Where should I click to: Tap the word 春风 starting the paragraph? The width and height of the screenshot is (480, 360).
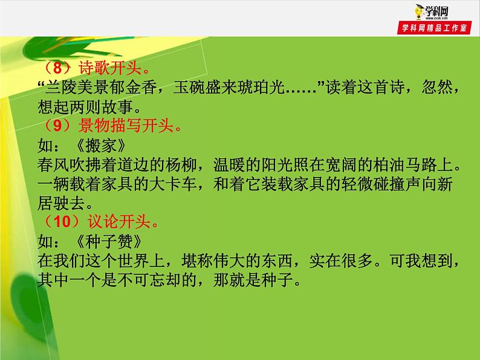click(x=54, y=164)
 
